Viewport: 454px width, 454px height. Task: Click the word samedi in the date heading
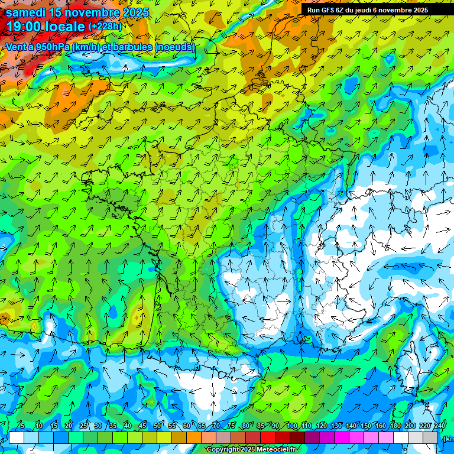[25, 12]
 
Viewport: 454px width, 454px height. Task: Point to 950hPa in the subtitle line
[50, 47]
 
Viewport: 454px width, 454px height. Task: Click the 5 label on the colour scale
[22, 426]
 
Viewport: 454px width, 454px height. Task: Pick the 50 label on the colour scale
[157, 426]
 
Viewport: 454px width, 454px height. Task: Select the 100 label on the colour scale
[291, 426]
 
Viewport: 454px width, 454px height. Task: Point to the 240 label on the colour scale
[439, 426]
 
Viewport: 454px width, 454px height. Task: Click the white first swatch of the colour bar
[17, 437]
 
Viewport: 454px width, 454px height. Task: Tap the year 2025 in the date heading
[136, 12]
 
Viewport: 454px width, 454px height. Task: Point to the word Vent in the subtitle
[17, 47]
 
